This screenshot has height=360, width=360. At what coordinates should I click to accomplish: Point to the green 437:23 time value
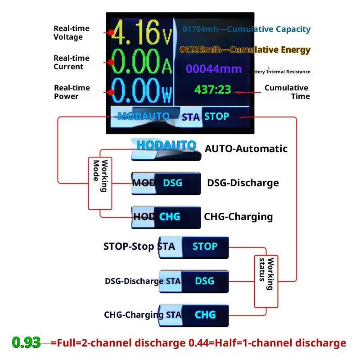212,90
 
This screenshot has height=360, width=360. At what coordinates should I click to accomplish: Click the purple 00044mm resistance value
214,69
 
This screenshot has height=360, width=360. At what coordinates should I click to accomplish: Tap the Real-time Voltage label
72,33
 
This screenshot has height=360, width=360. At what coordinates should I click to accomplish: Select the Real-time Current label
72,63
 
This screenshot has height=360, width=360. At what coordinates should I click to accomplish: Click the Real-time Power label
72,92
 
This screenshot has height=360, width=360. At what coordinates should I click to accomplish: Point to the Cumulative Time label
287,92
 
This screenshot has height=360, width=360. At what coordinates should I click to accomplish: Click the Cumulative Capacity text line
247,29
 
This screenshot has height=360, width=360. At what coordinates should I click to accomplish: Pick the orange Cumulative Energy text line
245,49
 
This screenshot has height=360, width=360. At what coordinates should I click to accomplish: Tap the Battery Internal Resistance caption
279,72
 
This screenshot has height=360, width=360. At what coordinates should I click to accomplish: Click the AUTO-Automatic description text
246,148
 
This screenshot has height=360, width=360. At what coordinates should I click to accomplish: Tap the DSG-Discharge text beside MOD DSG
243,183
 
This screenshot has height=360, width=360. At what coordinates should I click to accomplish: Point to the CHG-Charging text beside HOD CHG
238,216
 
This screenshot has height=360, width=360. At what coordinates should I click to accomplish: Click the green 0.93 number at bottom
27,343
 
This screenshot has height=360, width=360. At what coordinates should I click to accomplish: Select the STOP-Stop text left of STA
129,247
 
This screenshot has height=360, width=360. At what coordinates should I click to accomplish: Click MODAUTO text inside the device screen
144,116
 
